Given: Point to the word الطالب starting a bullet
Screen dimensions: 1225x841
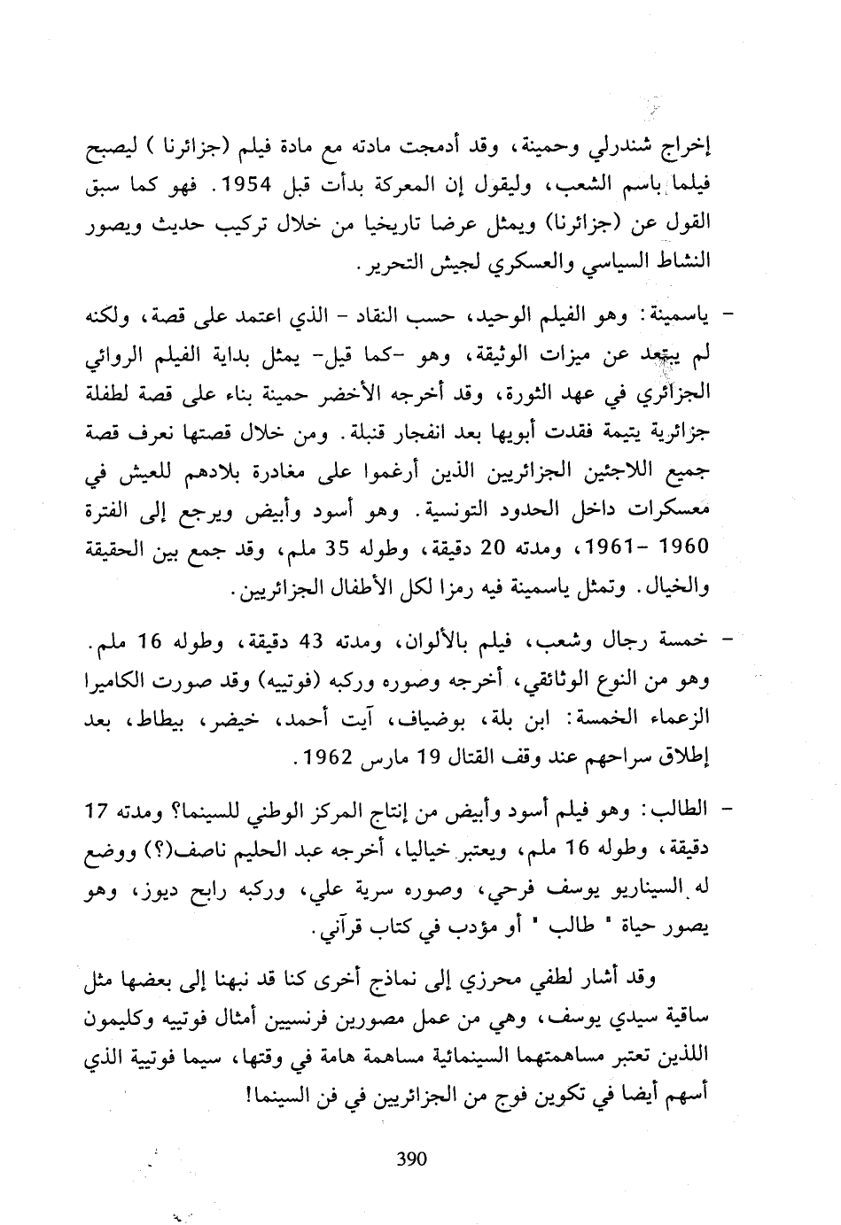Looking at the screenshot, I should [683, 810].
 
